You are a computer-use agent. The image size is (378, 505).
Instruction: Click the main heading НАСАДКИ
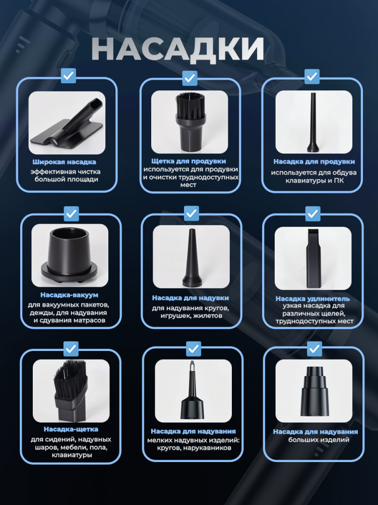coord(178,49)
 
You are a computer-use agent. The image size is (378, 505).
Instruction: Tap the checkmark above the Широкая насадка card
coord(68,76)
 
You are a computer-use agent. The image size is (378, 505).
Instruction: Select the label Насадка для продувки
coord(314,162)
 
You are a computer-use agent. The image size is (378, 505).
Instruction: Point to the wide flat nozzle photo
coord(68,123)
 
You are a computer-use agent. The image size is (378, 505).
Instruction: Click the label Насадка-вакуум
coord(69,295)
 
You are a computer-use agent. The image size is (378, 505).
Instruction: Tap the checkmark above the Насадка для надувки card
coord(191,213)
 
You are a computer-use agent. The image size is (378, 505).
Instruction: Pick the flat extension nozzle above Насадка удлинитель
coord(313,258)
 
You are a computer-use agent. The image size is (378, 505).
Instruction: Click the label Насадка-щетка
coord(71,429)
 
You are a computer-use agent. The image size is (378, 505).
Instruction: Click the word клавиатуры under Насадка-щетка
coord(72,455)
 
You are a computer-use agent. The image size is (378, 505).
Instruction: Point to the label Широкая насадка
coord(65,162)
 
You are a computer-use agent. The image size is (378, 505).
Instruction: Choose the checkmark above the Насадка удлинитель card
coord(313,214)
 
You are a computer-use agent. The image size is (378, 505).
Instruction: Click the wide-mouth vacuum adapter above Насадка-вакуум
coord(69,255)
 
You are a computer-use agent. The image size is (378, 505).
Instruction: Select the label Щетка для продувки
coord(188,161)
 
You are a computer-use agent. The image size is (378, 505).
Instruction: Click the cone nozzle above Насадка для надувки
coord(192,258)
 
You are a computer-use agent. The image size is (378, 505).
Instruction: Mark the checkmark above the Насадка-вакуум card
coord(71,214)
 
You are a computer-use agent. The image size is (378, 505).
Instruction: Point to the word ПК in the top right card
coord(339,181)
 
